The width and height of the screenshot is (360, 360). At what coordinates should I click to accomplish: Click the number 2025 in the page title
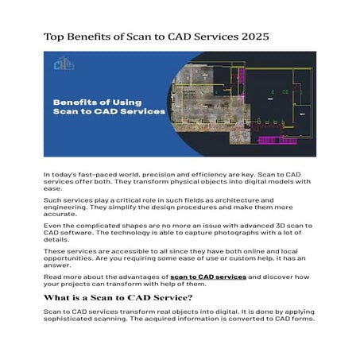click(253, 37)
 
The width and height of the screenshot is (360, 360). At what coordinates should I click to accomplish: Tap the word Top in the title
click(55, 37)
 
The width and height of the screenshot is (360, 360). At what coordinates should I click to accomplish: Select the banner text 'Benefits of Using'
click(96, 101)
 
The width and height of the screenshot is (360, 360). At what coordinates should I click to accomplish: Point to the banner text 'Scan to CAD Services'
click(109, 112)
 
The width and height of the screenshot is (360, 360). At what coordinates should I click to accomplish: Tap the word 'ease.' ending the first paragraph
click(52, 189)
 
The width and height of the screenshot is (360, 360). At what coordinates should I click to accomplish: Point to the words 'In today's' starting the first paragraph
click(60, 174)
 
